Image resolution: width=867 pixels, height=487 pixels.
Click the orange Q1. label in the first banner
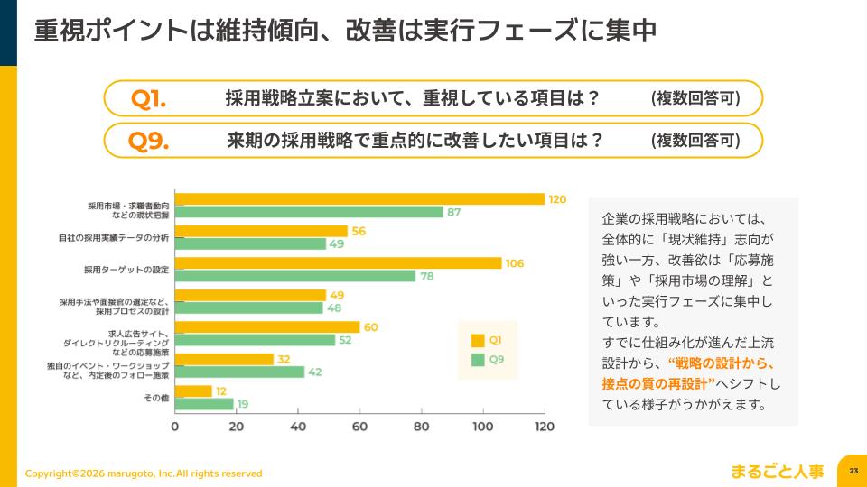click(x=149, y=99)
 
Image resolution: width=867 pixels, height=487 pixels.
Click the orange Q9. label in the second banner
click(x=149, y=141)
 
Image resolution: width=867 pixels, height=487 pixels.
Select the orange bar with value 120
click(x=359, y=199)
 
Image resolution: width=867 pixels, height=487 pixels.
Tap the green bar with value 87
click(x=308, y=212)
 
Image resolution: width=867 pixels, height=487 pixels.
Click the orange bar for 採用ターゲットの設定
click(x=338, y=263)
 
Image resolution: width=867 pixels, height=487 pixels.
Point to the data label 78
click(x=427, y=276)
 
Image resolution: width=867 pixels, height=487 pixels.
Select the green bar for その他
click(x=204, y=404)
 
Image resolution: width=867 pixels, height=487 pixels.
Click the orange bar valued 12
click(x=193, y=391)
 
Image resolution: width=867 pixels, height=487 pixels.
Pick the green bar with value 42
click(x=239, y=372)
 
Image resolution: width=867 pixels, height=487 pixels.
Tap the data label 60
click(x=371, y=327)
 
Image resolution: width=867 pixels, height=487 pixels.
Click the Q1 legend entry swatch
click(x=478, y=341)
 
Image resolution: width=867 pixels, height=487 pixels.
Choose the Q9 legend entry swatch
click(x=478, y=360)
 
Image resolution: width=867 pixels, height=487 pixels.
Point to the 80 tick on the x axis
click(x=421, y=427)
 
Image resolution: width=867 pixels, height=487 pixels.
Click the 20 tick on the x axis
click(x=237, y=427)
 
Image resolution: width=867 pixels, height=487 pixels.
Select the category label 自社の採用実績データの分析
click(x=112, y=238)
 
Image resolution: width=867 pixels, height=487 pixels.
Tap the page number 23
click(x=853, y=471)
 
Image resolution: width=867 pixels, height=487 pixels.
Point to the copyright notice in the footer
click(x=144, y=473)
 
